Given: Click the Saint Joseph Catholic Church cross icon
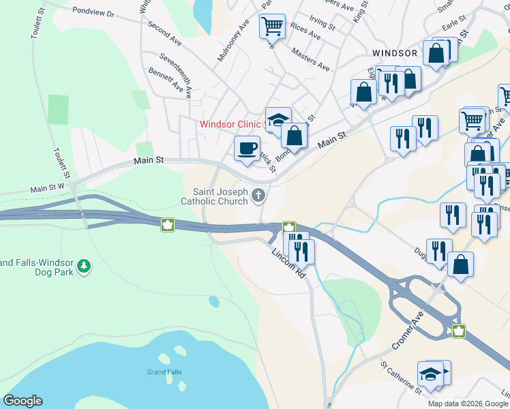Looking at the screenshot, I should click(x=258, y=196).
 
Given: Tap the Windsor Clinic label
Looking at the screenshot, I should click(x=230, y=124).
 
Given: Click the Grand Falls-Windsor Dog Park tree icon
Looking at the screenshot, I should click(x=84, y=266).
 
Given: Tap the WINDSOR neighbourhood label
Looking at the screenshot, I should click(x=394, y=52).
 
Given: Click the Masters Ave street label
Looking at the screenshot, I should click(x=310, y=59).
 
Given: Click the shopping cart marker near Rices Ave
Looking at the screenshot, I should click(x=271, y=27).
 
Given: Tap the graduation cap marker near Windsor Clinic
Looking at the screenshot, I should click(x=278, y=120).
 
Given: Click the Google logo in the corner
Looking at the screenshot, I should click(x=22, y=401).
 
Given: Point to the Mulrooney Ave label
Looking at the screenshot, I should click(x=229, y=42).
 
